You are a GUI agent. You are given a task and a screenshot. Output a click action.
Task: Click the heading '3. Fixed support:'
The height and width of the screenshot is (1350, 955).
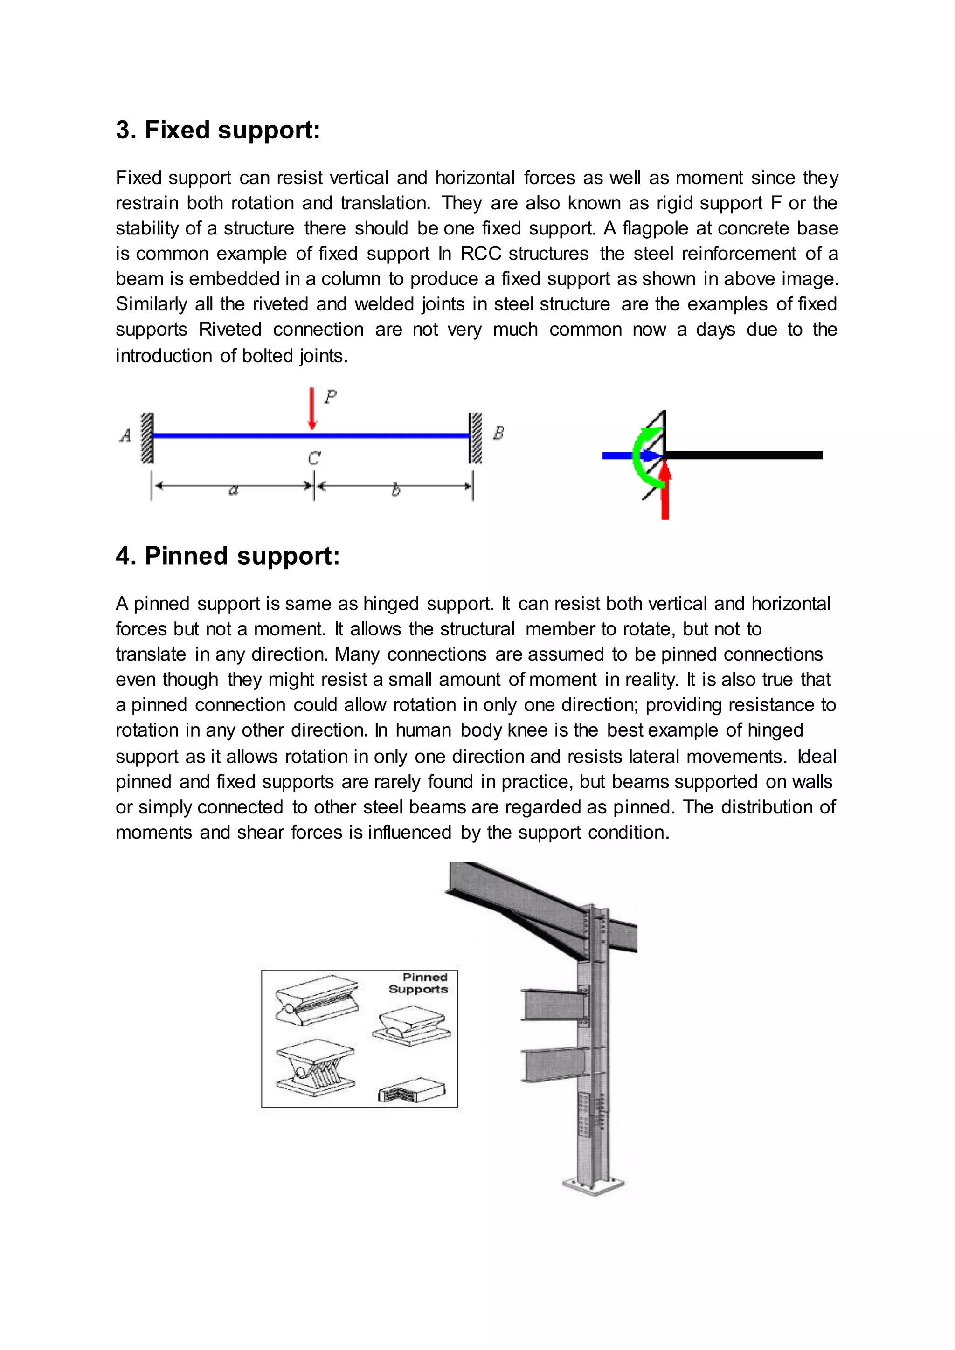pos(218,130)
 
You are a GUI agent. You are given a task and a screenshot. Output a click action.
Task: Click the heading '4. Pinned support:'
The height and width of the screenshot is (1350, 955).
pos(228,556)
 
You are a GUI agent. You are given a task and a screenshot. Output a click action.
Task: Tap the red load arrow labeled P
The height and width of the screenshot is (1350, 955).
pos(312,409)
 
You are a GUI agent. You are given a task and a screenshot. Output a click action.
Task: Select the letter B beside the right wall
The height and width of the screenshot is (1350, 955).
pos(498,434)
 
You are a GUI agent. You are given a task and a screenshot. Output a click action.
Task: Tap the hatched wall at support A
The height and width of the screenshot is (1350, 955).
pos(147,438)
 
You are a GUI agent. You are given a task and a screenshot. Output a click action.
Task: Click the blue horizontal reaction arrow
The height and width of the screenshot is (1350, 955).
pos(626,455)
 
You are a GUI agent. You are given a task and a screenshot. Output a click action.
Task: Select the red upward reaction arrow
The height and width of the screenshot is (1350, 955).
pos(665,494)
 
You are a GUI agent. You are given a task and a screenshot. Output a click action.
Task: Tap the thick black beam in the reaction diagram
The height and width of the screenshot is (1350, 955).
pos(747,455)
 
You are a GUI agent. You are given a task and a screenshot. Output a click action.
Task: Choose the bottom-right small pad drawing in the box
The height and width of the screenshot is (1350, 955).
pos(412,1089)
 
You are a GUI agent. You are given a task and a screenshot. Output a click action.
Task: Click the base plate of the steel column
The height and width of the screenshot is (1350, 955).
pos(593,1185)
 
